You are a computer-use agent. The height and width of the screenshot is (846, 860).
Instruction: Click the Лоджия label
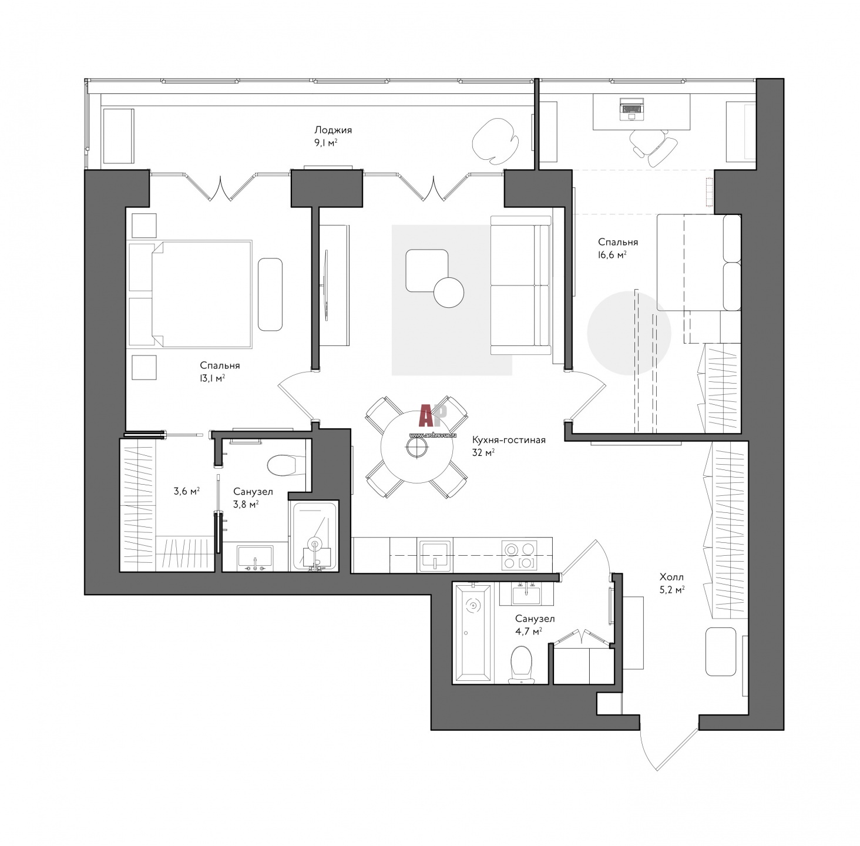[x=332, y=130]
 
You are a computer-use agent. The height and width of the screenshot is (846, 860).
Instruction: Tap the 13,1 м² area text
[x=212, y=378]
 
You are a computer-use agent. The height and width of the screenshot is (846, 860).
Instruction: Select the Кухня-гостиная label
[x=509, y=440]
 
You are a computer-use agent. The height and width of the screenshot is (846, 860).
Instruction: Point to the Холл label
[x=671, y=577]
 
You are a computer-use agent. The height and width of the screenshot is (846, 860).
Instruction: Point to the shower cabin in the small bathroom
[x=314, y=536]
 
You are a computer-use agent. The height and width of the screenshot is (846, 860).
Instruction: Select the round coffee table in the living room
[x=449, y=293]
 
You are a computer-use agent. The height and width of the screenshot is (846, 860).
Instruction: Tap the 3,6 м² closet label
[x=186, y=492]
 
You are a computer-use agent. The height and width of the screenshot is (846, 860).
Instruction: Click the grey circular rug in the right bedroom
[x=629, y=333]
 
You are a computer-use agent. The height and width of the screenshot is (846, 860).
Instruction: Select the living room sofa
[x=521, y=286]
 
